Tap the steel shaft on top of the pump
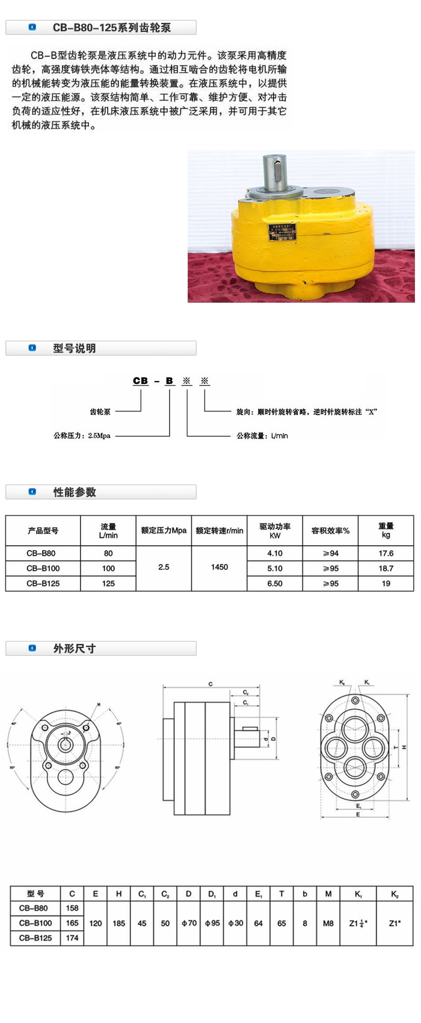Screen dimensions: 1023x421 (275, 172)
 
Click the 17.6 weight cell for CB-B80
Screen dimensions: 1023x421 (386, 553)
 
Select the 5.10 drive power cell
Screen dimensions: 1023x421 (275, 568)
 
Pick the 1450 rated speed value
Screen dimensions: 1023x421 (220, 567)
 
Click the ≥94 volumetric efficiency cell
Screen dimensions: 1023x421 (330, 553)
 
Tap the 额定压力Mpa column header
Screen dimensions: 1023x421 (164, 531)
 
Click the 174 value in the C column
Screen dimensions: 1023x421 (72, 938)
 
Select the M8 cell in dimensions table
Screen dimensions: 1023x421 (328, 923)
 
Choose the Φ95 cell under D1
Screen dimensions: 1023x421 (212, 923)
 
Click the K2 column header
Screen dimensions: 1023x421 (395, 894)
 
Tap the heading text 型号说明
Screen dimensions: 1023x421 (74, 348)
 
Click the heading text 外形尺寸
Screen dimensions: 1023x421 (74, 649)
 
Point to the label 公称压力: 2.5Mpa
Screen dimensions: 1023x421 (82, 436)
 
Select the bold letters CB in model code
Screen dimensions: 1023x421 (140, 381)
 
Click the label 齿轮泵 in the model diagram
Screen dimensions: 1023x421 (100, 412)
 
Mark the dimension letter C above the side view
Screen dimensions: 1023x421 (210, 684)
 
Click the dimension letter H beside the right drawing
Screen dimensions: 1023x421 (405, 747)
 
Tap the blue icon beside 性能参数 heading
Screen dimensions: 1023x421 (32, 492)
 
